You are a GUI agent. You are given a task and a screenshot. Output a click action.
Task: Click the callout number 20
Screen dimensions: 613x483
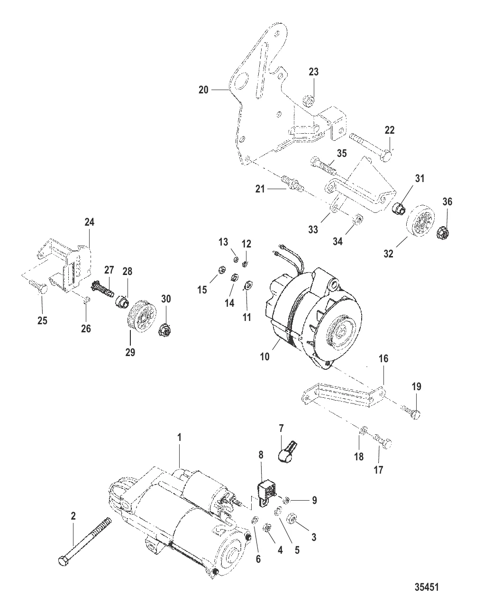[x=203, y=89]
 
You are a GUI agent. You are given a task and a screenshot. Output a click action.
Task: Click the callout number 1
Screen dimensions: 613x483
[x=180, y=438]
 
